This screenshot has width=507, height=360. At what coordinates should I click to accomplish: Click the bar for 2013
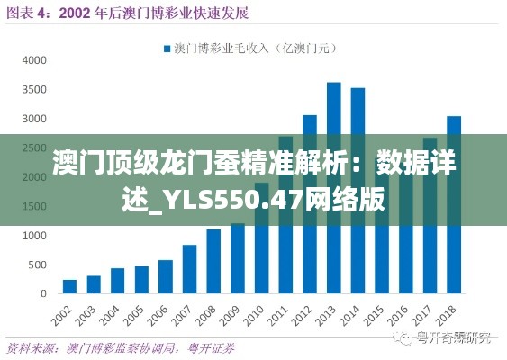tap(333, 188)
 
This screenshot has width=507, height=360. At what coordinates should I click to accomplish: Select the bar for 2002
tap(69, 286)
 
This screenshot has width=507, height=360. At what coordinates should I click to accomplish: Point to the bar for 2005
tap(141, 279)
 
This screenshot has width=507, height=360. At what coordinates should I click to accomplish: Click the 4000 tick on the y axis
tap(33, 60)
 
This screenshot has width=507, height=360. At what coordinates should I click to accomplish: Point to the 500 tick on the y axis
tap(37, 265)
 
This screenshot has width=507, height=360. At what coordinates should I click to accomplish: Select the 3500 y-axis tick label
tap(33, 90)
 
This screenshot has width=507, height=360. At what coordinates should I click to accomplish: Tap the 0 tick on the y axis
tap(42, 293)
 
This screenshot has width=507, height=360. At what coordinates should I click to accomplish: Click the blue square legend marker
tap(167, 48)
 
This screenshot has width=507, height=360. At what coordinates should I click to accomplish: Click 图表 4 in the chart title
tap(27, 13)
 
